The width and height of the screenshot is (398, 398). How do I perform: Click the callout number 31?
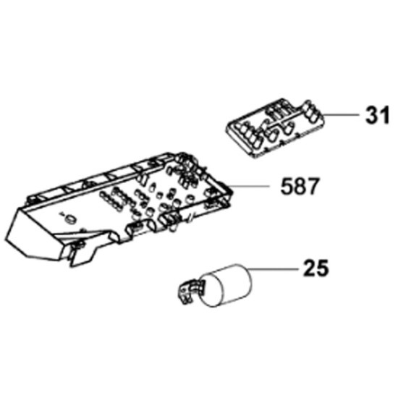[377, 115]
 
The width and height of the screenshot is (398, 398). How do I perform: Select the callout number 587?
[300, 186]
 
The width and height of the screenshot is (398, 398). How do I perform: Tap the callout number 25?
[316, 268]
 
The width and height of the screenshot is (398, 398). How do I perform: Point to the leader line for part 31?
[342, 115]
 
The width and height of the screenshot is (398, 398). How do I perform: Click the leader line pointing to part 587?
[249, 186]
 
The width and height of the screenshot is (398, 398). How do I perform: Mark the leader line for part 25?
[272, 268]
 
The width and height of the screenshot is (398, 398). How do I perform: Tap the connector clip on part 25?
[190, 291]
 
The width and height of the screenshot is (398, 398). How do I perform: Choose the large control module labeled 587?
[119, 209]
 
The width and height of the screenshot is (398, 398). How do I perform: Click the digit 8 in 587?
[300, 186]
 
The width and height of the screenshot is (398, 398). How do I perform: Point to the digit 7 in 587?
[312, 186]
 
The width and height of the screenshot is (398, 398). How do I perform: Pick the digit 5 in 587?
[287, 186]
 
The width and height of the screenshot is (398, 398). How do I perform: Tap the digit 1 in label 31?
[384, 115]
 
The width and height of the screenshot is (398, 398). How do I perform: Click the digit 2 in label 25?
[310, 268]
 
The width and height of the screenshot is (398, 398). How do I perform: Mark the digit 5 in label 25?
[323, 268]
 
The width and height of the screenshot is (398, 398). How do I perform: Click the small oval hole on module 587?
[69, 219]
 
